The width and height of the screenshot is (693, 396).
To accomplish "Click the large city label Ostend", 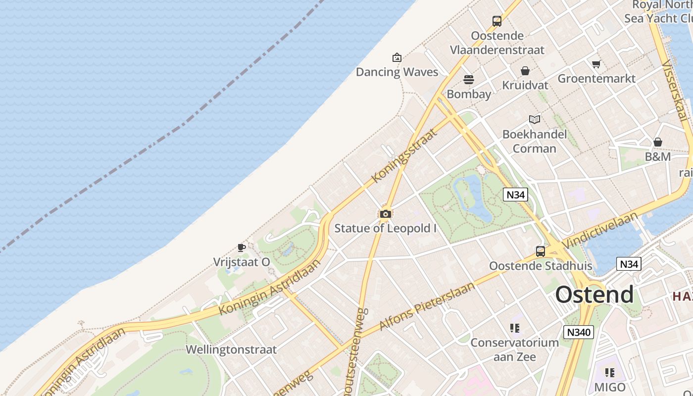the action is click(x=594, y=295).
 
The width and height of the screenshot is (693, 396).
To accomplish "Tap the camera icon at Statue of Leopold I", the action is click(x=386, y=214).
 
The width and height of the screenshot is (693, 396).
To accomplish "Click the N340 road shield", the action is click(x=578, y=332).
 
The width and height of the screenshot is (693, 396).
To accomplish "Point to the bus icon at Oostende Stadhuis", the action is click(x=541, y=251).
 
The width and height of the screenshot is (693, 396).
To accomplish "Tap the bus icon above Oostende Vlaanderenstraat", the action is click(x=497, y=21).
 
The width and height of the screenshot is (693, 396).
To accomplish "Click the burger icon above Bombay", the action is click(x=469, y=79).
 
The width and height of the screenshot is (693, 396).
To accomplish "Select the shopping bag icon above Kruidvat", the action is click(x=525, y=71).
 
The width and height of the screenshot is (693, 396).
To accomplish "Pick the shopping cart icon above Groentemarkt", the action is click(x=596, y=64).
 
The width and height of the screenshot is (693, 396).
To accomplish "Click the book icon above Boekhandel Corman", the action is click(x=535, y=119).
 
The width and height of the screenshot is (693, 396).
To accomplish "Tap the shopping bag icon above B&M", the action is click(x=658, y=142).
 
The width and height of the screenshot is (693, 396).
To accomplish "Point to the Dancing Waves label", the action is click(x=397, y=72).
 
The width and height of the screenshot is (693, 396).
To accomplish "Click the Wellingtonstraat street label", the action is click(x=231, y=349).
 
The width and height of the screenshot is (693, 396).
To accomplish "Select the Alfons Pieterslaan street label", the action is click(x=427, y=306).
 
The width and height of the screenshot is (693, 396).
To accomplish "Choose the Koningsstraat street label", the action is click(x=405, y=155).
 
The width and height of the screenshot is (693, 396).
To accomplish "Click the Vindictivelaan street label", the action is click(x=600, y=231).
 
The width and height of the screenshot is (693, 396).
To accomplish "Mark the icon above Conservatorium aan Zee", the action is click(x=515, y=328).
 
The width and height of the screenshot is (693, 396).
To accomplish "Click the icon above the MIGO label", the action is click(x=610, y=372).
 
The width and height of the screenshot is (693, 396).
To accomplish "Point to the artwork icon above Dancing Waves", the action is click(x=396, y=57).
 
